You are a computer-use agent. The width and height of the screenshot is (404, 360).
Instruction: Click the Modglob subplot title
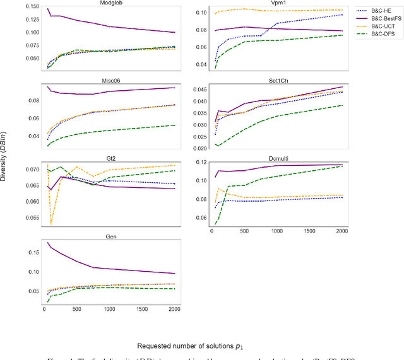click(110, 4)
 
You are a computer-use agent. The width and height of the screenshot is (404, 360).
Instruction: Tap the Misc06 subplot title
click(110, 81)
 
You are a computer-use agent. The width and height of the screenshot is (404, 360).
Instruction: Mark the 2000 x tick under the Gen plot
click(175, 310)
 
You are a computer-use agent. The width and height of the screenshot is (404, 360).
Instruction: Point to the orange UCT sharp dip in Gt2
click(51, 224)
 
